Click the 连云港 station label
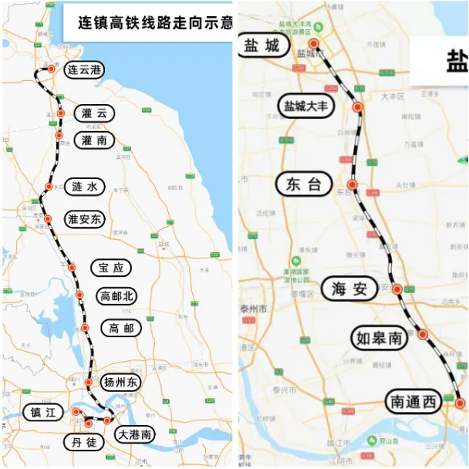[83, 69]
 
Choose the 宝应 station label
[110, 268]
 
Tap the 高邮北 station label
[116, 295]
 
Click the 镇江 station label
[42, 413]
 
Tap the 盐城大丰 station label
[306, 106]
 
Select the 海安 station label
[349, 288]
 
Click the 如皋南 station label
[379, 337]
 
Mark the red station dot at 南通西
[460, 403]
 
